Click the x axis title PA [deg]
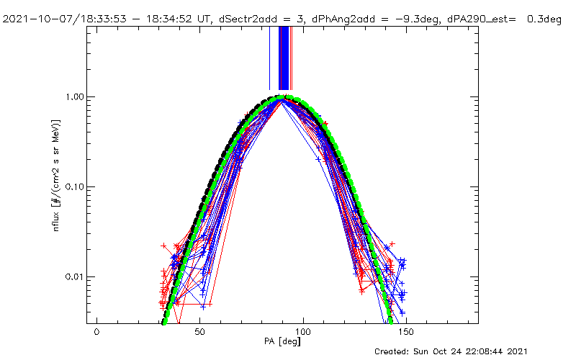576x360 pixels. tap(284, 343)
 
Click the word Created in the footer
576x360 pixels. tap(392, 351)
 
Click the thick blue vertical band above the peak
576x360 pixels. tap(284, 58)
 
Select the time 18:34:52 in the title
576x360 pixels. tap(148, 19)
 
